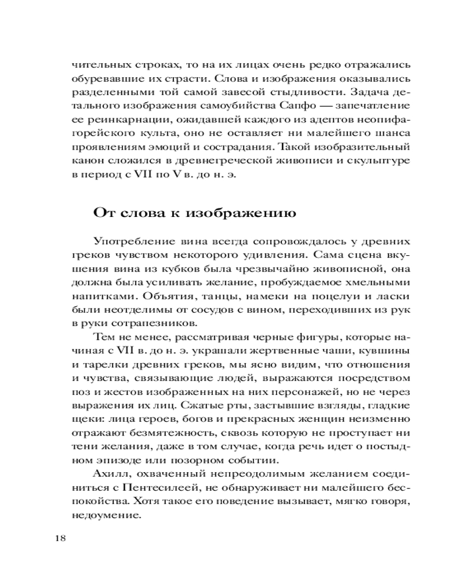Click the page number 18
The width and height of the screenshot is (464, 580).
(60, 538)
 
